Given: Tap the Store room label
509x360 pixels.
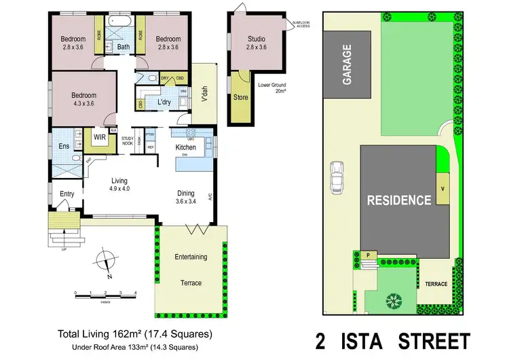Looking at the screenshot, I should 241,97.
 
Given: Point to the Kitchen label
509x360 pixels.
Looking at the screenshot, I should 186,147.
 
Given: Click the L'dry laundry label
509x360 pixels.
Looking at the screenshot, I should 164,102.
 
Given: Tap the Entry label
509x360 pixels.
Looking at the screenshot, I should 67,194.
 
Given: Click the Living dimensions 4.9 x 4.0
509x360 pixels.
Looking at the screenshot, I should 119,188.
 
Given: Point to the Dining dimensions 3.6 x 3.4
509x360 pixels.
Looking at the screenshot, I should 186,201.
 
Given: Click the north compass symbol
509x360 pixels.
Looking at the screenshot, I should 106,262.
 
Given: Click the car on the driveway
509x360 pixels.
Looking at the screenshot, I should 336,178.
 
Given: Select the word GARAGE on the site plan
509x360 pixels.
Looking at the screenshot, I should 347,65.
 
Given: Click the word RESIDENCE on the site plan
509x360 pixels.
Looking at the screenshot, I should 398,200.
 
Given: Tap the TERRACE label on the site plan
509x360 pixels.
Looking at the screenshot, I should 436,284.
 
